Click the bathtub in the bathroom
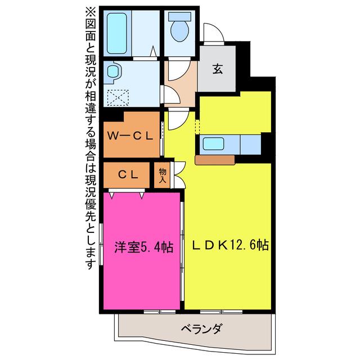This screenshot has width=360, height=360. click(117, 33)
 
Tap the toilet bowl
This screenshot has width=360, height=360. click(180, 31)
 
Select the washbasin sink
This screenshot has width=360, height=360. click(113, 71)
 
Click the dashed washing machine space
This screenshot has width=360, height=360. click(118, 97)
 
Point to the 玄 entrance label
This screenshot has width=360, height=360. click(218, 69)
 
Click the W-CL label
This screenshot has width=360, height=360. click(130, 136)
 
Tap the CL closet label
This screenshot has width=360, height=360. click(128, 175)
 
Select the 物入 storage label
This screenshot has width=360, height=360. click(163, 175)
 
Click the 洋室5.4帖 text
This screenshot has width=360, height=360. click(144, 247)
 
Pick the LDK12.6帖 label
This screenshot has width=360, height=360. click(231, 245)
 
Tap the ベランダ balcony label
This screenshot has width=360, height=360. click(201, 329)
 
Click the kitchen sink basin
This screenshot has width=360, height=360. click(213, 144)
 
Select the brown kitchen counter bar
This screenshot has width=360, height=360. click(215, 160)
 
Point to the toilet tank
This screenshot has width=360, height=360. click(180, 16)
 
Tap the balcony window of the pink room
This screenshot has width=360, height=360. click(160, 312)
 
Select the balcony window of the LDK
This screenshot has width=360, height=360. click(221, 312)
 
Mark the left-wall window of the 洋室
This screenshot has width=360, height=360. click(101, 244)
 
